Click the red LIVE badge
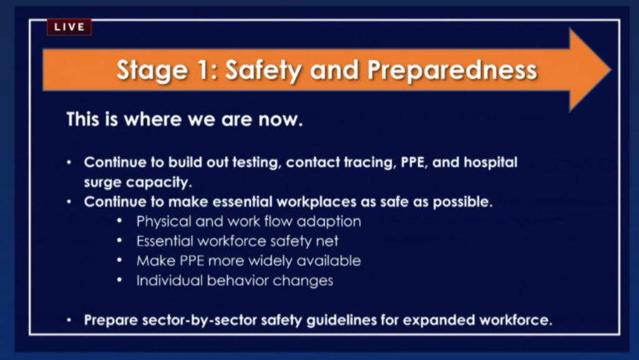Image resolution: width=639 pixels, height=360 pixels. (69, 27)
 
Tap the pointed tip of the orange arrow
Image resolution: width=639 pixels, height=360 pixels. (611, 70)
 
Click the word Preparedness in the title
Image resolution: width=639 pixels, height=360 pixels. (452, 70)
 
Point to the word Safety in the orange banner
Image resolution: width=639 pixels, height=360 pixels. (263, 70)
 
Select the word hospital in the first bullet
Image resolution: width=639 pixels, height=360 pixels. (490, 163)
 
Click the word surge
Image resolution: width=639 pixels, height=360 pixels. (103, 183)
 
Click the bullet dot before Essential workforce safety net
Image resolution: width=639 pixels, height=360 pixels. (119, 241)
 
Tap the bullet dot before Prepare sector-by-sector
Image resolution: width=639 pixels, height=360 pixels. (69, 320)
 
